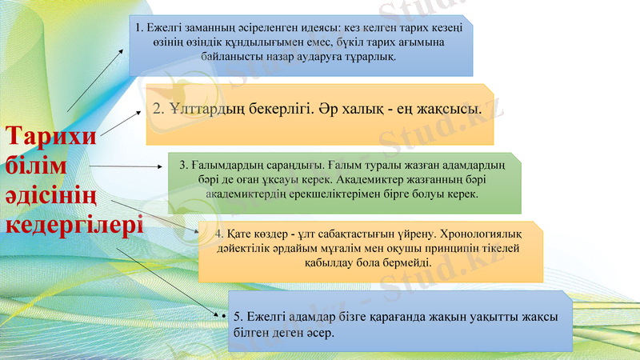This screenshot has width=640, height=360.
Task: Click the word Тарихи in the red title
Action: [51, 135]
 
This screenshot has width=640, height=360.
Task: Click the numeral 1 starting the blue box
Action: [139, 29]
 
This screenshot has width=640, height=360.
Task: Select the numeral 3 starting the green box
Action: [182, 166]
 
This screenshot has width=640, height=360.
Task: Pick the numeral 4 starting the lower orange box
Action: [218, 234]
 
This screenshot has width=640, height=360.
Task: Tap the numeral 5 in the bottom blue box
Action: [235, 317]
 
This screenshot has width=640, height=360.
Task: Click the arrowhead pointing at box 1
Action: [122, 50]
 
